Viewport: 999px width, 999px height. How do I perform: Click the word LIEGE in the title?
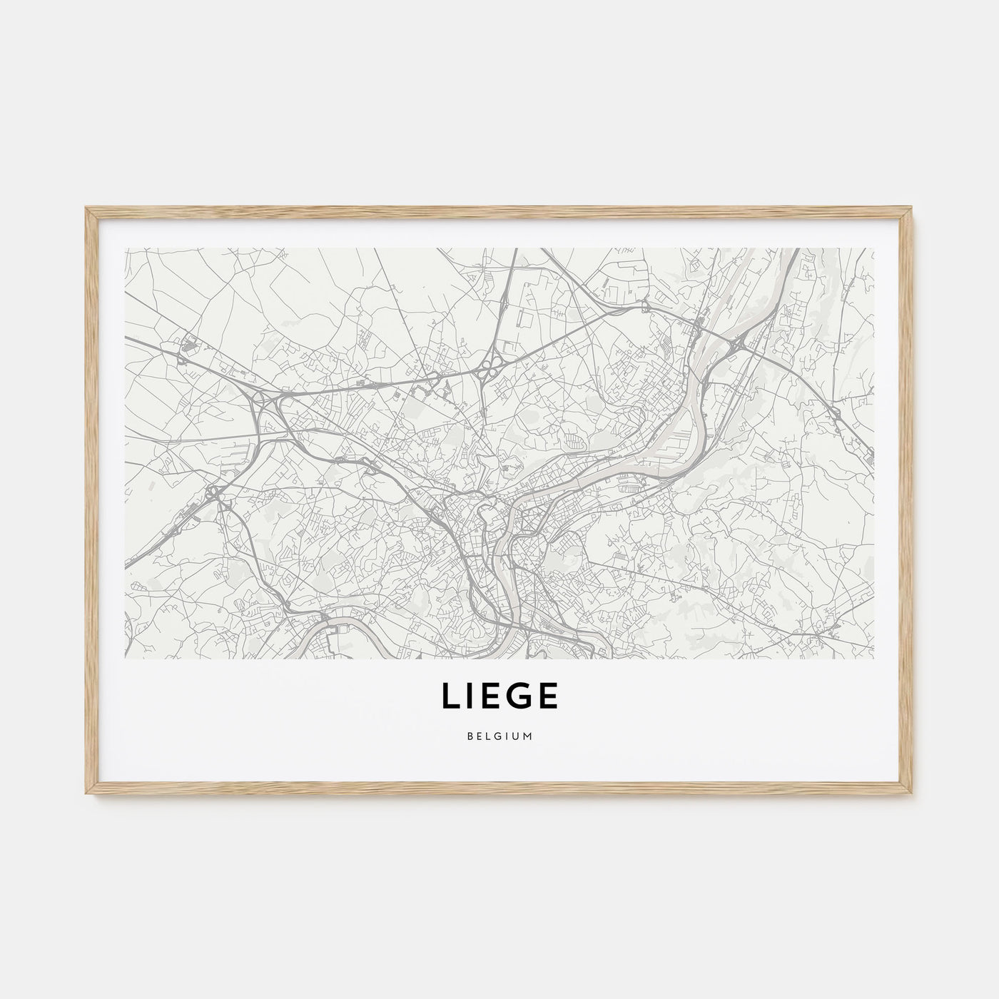499,697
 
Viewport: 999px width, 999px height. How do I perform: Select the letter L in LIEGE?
450,697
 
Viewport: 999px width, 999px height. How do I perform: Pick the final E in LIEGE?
547,697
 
